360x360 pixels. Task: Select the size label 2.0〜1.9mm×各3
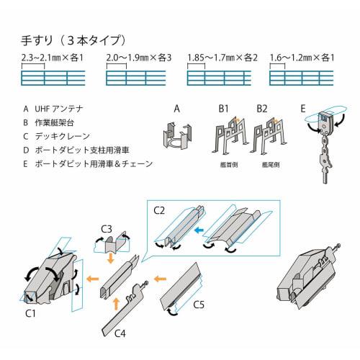138,56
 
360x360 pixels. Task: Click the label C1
32,314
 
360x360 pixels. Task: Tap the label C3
105,230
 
